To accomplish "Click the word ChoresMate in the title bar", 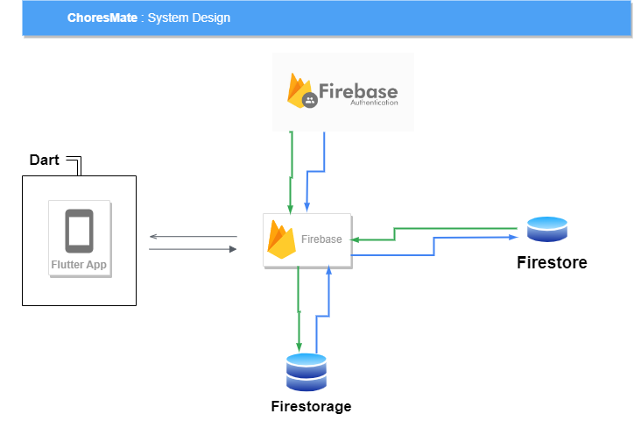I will coord(102,18).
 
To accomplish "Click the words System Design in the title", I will coord(188,18).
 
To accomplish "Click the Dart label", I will coord(45,160).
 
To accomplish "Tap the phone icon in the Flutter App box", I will coord(79,231).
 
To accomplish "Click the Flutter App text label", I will coord(79,264).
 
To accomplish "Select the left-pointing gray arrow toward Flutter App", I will coord(193,237).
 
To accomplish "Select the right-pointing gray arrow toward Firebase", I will coord(193,249).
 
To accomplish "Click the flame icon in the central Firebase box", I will coord(281,239).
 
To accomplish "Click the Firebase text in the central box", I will coord(321,239).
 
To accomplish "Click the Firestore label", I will coord(552,262).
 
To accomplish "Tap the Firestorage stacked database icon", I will coord(306,372).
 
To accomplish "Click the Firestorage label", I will coord(311,406).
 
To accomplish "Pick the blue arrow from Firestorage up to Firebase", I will coord(328,298).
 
